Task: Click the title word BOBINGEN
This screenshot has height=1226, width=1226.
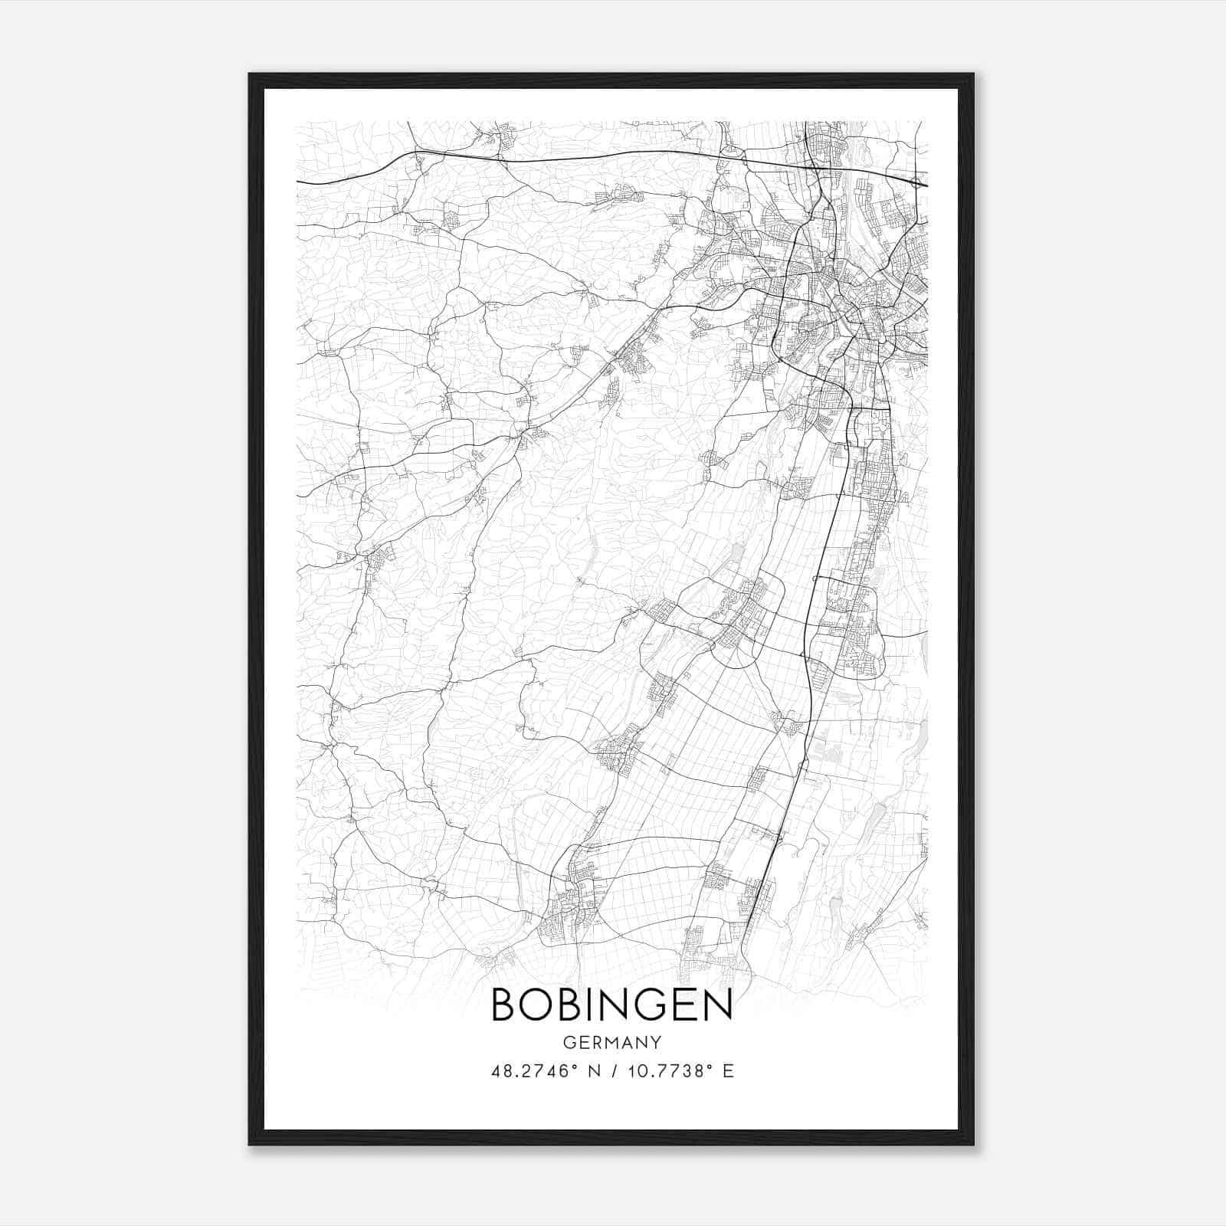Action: pos(611,1005)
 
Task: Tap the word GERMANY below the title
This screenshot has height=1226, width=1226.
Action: pos(611,1043)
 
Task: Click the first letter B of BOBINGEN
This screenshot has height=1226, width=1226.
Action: pos(503,1005)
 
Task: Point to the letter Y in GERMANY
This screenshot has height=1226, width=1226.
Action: pos(657,1043)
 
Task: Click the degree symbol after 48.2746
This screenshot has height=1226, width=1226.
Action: pos(574,1067)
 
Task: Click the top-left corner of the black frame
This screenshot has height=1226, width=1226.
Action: pos(250,74)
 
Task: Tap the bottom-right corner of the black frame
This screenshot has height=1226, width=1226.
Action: pos(973,1145)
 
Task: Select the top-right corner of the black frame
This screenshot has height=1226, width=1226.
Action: pos(973,74)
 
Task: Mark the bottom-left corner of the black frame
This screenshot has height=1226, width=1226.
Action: pos(250,1145)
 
